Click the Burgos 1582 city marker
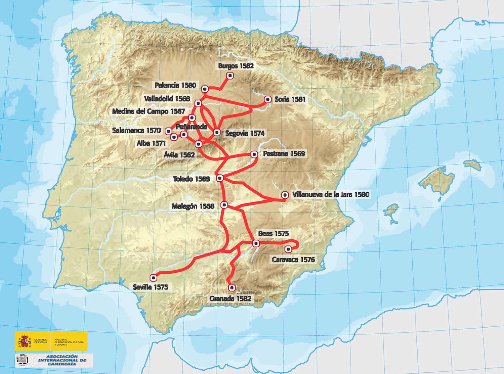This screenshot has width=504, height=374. [230, 76]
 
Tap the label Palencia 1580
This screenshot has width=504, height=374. [175, 85]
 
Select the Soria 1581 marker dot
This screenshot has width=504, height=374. [267, 99]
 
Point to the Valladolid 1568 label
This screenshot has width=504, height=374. [167, 99]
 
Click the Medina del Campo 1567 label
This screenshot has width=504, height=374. [149, 111]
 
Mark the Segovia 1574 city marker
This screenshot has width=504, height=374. [217, 133]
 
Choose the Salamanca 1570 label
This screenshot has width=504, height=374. [136, 130]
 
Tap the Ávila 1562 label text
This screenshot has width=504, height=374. [179, 155]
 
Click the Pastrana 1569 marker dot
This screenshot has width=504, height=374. [254, 154]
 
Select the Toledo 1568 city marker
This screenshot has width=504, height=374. [220, 178]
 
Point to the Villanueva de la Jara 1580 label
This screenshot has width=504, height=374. [331, 194]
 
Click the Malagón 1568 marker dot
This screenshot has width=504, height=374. [224, 205]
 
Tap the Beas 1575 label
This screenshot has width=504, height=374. [273, 234]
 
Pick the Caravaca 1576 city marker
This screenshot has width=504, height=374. [288, 249]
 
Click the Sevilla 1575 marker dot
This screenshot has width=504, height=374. [154, 278]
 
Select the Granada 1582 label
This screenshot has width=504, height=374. [230, 298]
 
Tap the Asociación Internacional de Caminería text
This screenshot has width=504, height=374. [62, 360]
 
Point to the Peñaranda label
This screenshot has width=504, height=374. [191, 127]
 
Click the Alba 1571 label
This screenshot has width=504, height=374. [151, 143]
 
